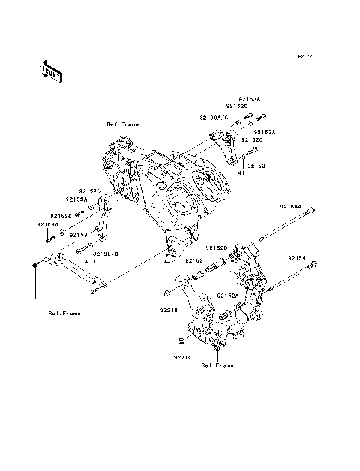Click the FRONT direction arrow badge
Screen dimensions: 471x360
[x=51, y=70]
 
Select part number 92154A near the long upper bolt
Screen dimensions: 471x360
[x=291, y=206]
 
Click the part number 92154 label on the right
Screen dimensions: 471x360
[x=297, y=257]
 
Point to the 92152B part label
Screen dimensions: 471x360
[x=217, y=247]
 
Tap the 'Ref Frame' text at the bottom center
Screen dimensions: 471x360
[x=217, y=365]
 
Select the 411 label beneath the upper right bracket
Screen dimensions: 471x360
[x=243, y=173]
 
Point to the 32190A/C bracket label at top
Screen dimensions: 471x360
[x=214, y=118]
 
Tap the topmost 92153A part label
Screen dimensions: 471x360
[x=250, y=98]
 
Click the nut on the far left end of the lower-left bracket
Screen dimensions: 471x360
[x=35, y=264]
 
